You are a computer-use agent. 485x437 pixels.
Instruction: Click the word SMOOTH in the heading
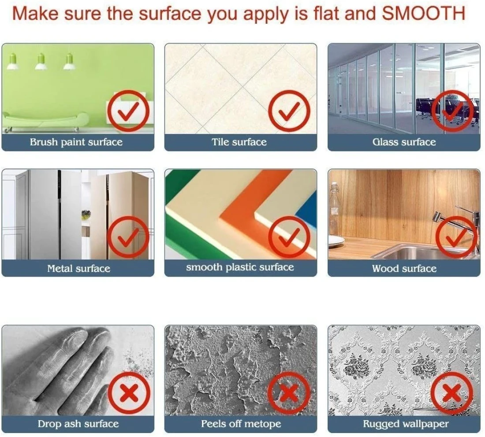[423, 13]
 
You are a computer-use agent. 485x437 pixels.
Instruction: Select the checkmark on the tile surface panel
[289, 111]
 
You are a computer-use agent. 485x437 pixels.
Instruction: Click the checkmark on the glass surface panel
[452, 111]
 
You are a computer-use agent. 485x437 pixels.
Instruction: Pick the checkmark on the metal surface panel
[128, 237]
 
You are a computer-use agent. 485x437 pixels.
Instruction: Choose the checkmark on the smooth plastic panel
[289, 237]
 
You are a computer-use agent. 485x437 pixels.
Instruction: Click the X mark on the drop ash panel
[129, 393]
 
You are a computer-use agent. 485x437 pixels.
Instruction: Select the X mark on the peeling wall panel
[289, 393]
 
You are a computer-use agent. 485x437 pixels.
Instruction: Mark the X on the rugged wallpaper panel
[452, 393]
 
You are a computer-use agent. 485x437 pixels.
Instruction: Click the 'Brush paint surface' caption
[76, 142]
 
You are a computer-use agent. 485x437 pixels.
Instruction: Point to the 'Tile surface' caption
[239, 142]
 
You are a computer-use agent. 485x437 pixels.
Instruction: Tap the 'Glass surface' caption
[404, 142]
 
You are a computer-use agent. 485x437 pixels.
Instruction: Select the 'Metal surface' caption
[78, 268]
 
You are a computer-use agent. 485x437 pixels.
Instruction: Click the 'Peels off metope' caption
[241, 423]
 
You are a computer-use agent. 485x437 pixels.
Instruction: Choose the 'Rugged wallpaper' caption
[406, 424]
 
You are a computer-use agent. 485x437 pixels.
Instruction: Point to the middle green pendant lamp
[41, 61]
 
